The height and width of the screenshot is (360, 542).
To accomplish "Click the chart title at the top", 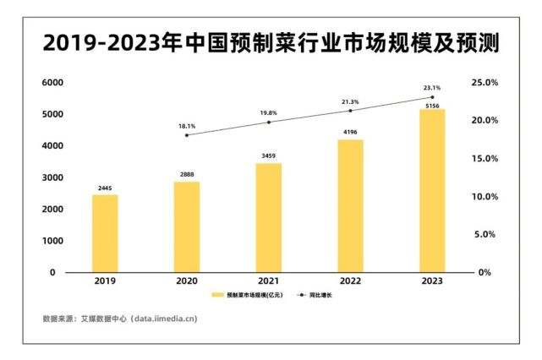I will coord(271,43).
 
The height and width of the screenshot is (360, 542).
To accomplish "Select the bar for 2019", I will coord(105,233).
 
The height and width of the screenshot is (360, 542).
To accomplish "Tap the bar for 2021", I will coord(268,217).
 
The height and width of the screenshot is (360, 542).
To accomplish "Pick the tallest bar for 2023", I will coord(432,190).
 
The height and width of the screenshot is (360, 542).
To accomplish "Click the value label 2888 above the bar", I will coord(187,174).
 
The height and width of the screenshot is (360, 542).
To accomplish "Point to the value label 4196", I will coord(350,132).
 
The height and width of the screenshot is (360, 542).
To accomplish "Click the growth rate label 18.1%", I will coord(187,126).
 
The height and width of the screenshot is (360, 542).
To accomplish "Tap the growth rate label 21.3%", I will coord(350,101).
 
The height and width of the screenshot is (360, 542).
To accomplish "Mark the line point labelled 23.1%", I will coord(432,97).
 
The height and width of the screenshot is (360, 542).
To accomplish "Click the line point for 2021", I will coord(269,122).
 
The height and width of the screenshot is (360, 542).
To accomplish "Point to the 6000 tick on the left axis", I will coord(53,83).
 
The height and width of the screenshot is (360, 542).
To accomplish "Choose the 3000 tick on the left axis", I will coord(53,178).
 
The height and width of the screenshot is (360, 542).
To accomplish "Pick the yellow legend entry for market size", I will coord(246,296).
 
